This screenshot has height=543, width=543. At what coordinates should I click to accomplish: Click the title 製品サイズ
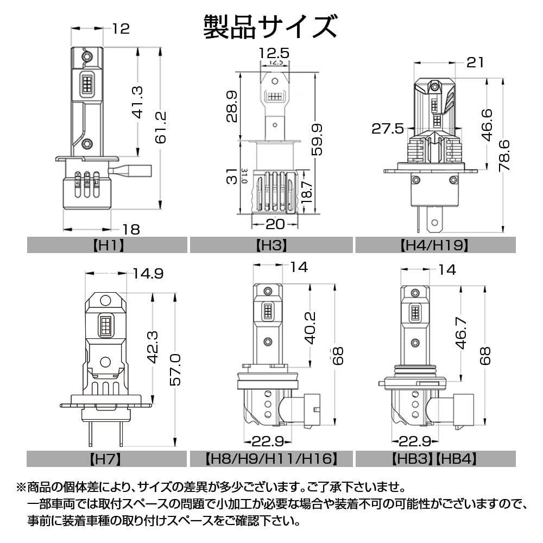tap(270, 27)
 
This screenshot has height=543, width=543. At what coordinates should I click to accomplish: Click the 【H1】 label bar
tap(108, 245)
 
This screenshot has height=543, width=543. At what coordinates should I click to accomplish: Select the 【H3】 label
tap(271, 245)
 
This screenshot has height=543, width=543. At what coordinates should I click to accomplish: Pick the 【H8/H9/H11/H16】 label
tap(271, 459)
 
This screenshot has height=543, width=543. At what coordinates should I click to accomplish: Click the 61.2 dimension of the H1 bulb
tap(161, 127)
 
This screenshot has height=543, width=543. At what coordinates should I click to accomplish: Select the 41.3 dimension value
tap(137, 103)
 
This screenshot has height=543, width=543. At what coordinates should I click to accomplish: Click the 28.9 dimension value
tap(232, 106)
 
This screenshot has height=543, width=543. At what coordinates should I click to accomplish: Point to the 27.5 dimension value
tap(388, 129)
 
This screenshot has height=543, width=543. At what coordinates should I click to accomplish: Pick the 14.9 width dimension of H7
tap(148, 274)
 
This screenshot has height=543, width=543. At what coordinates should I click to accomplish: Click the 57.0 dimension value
tap(175, 369)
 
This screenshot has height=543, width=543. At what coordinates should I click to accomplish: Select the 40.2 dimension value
tap(310, 328)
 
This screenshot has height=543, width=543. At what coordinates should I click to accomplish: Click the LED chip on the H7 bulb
tap(106, 325)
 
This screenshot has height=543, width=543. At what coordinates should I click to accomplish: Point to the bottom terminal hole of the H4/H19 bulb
tap(434, 222)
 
